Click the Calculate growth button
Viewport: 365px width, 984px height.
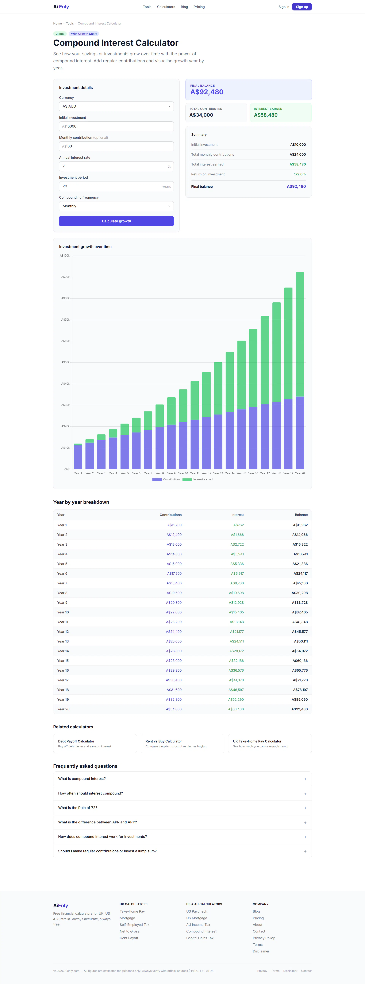[116, 221]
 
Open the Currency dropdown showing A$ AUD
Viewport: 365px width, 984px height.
[116, 107]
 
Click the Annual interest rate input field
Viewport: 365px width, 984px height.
[116, 166]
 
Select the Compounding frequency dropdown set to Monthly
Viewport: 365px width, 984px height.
[116, 206]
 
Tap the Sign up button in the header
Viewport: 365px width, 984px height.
[302, 7]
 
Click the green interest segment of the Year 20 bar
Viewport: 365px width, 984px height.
[300, 334]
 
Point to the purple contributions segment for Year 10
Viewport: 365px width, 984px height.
[183, 445]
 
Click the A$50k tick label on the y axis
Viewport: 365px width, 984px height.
[65, 362]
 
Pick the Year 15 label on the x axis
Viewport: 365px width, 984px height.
[242, 473]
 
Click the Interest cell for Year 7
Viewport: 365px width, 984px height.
[237, 583]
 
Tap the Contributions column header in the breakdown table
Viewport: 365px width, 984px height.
[171, 515]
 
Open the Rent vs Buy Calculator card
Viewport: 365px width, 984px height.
[182, 743]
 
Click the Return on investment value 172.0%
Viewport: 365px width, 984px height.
[300, 174]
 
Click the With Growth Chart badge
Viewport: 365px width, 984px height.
[84, 34]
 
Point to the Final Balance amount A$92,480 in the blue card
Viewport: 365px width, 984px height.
[207, 92]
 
